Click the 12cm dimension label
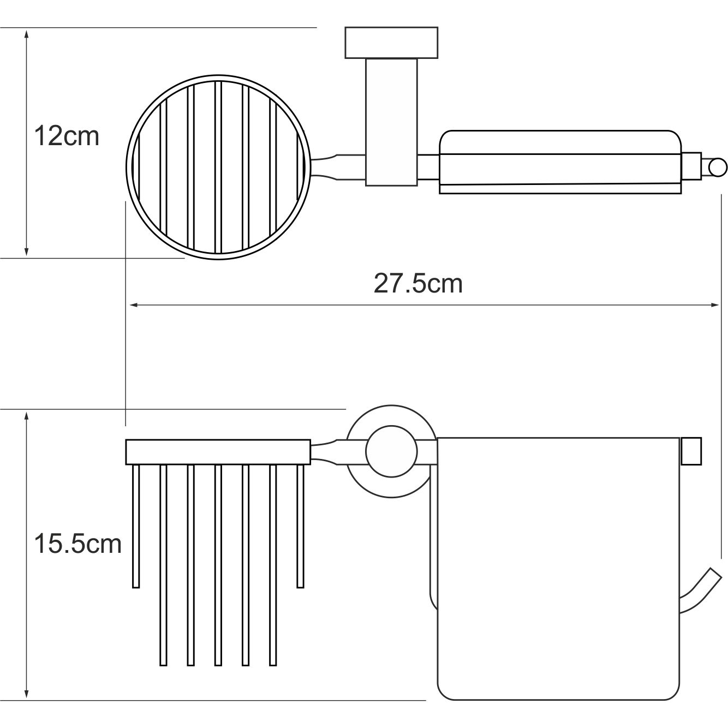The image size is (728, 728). tap(67, 136)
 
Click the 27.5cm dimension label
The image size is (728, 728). tap(418, 284)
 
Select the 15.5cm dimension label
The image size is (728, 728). tap(77, 544)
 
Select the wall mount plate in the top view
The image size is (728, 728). tap(391, 43)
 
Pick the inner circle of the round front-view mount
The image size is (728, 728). tap(391, 452)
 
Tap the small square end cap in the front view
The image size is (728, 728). tap(691, 451)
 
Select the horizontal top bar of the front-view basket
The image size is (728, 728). tap(218, 451)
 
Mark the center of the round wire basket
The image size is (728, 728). tap(218, 166)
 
